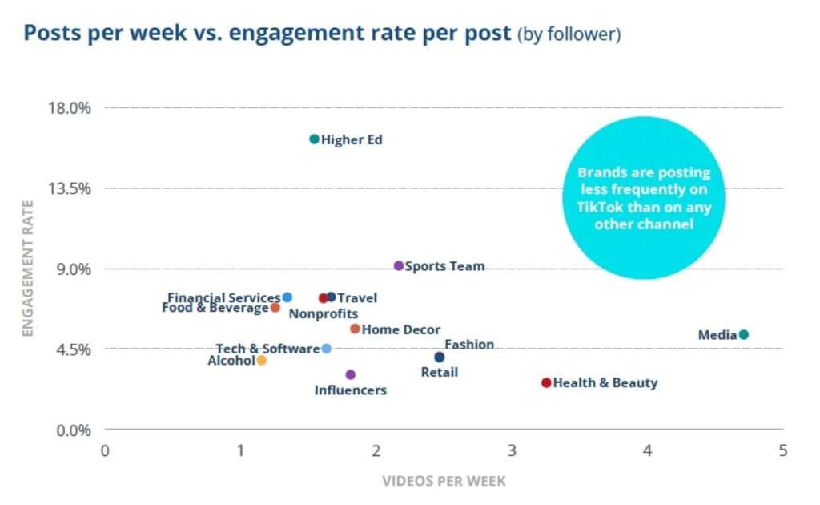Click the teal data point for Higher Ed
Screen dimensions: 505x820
[x=315, y=139]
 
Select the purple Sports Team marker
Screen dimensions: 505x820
[x=399, y=265]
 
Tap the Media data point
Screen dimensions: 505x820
[x=743, y=334]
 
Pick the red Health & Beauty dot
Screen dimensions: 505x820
[x=546, y=382]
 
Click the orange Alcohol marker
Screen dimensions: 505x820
[x=261, y=361]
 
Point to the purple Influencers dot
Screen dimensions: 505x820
[x=350, y=374]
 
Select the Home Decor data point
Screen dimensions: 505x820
[x=355, y=329]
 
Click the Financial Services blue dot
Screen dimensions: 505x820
[x=287, y=297]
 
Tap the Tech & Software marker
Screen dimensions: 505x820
[x=326, y=349]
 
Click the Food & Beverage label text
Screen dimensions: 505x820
[x=215, y=308]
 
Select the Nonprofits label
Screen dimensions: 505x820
[x=323, y=314]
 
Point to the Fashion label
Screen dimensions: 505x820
[x=469, y=345]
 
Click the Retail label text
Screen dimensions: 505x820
[x=440, y=372]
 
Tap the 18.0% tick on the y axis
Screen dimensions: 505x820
[x=73, y=107]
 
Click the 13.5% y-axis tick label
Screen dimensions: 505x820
[x=73, y=188]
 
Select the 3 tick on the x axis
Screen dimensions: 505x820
[x=512, y=450]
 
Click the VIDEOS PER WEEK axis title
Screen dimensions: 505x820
[x=444, y=481]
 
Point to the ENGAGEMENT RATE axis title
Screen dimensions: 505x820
[x=28, y=269]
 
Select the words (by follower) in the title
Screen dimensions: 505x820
[x=569, y=34]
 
